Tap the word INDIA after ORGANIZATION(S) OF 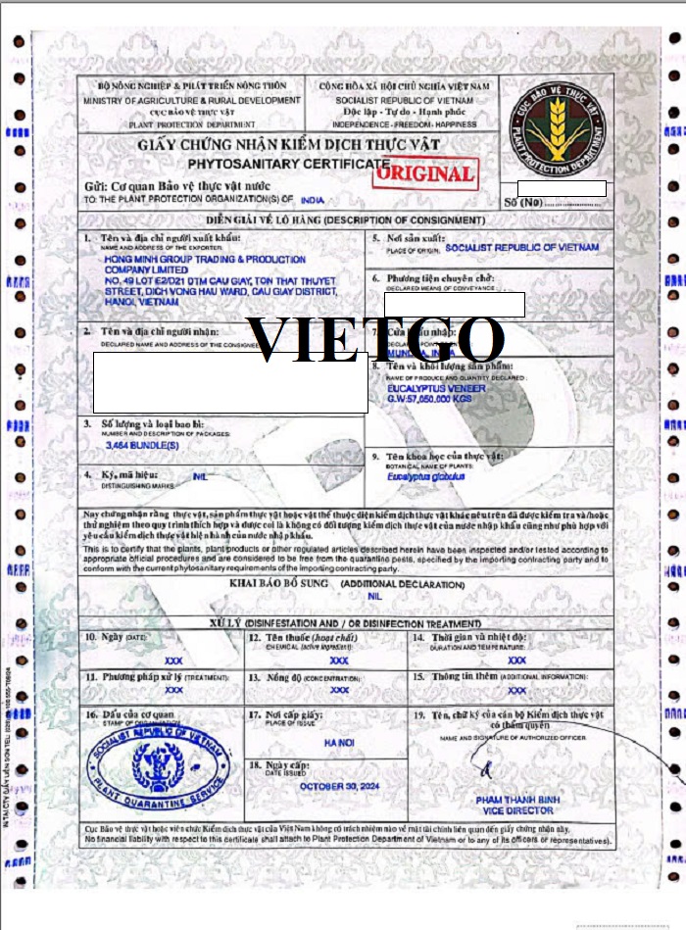pos(313,198)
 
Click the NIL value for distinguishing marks pos(202,477)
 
